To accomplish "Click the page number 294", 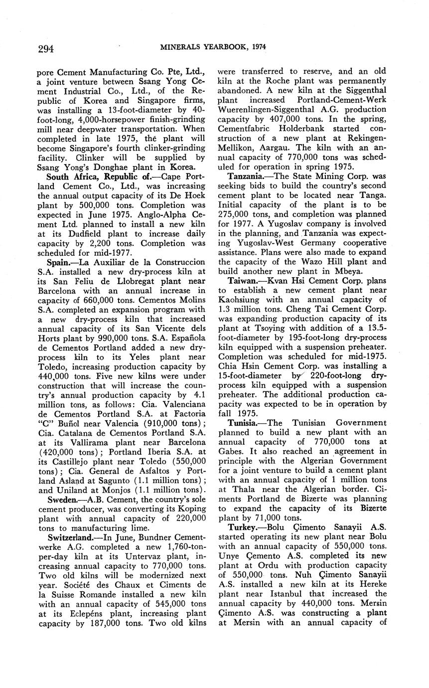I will click(45, 48).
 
